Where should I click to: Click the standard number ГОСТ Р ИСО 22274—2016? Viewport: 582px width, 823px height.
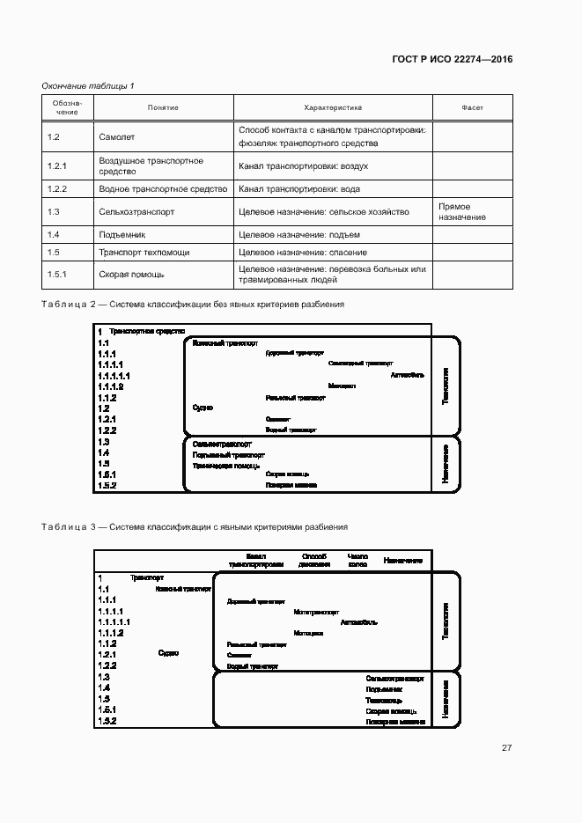coord(452,59)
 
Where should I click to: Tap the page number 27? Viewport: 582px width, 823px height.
coord(506,747)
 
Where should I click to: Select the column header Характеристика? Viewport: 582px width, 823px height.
coord(333,107)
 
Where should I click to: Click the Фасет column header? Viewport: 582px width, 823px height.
coord(472,107)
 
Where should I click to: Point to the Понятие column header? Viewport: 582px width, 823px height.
coord(163,107)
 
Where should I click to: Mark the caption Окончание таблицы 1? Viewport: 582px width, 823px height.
coord(88,85)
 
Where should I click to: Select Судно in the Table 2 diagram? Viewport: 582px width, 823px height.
coord(203,408)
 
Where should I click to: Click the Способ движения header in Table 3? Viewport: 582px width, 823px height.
coord(314,560)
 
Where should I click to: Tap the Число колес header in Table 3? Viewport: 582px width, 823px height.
coord(357,560)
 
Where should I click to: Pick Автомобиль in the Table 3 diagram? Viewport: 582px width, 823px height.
coord(358,621)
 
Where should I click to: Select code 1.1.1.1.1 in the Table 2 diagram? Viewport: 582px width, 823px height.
coord(114,375)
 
